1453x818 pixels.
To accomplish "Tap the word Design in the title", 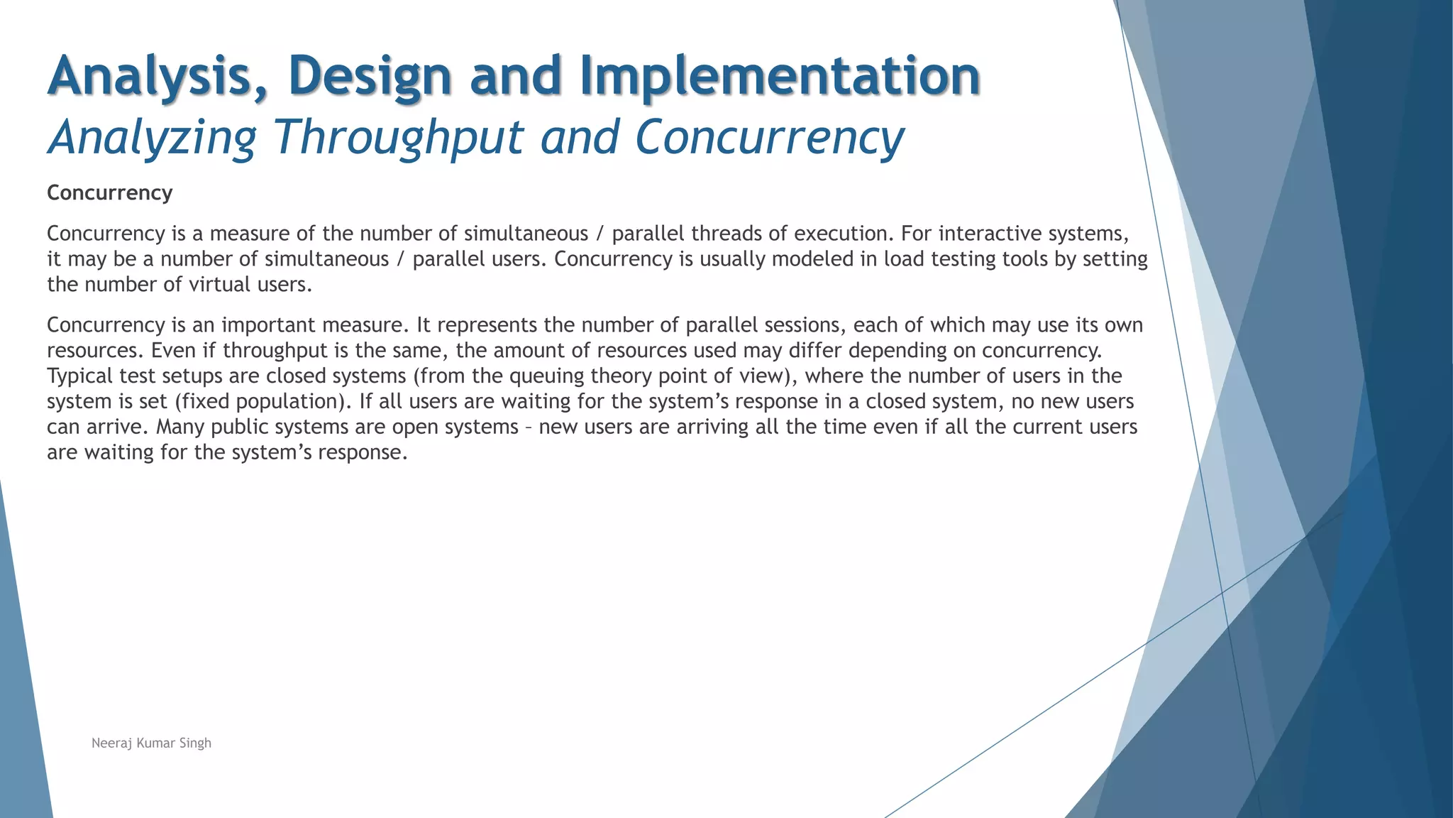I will coord(370,76).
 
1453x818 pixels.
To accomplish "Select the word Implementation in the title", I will coord(780,76).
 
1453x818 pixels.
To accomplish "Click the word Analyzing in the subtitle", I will coord(152,138).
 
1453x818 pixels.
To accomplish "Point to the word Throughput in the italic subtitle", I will coord(398,138).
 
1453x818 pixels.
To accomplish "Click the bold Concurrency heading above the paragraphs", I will coord(110,193).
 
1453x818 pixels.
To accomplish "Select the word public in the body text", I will coord(240,427).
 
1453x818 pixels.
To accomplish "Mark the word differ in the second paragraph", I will coord(815,351).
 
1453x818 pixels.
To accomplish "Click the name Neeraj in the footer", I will coord(111,743).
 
